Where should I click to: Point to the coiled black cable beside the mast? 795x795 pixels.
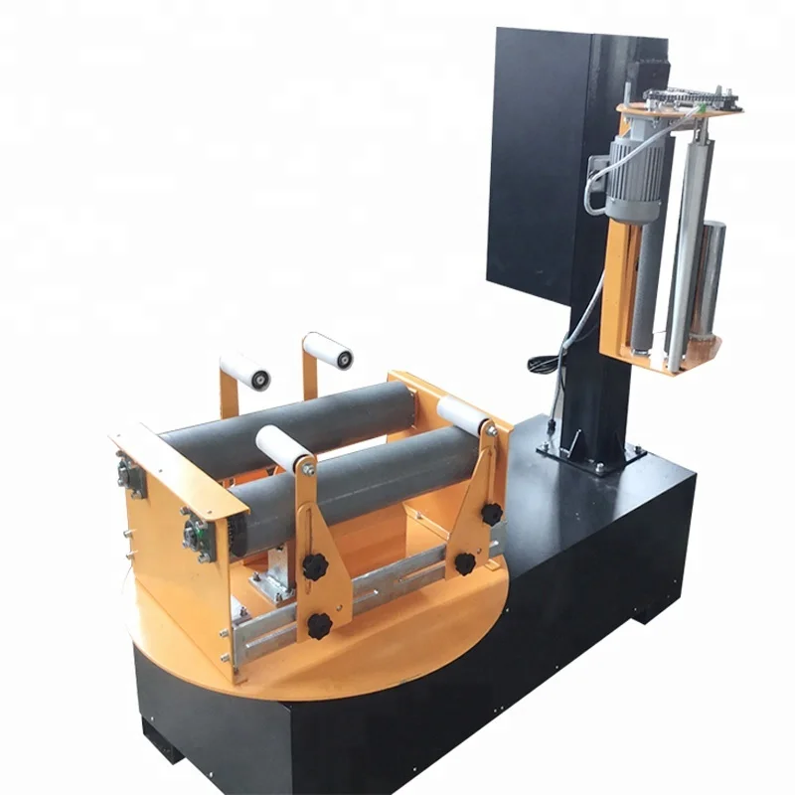coord(544,364)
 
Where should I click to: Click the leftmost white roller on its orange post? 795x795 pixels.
coord(244,371)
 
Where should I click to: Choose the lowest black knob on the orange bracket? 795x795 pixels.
coord(319,625)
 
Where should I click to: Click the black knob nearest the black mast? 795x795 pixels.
coord(491,514)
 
